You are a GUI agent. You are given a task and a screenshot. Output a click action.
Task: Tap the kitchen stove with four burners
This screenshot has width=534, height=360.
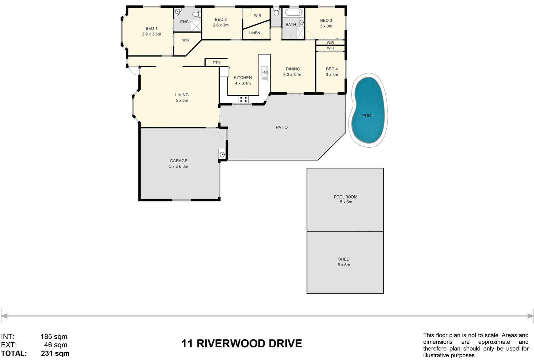pyautogui.click(x=243, y=99)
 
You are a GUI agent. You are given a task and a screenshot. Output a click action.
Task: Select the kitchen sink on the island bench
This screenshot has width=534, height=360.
pyautogui.click(x=264, y=71)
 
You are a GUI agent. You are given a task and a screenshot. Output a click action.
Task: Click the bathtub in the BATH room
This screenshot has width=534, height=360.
pyautogui.click(x=294, y=13)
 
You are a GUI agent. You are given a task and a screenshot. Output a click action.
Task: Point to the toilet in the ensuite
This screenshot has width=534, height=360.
pyautogui.click(x=198, y=14)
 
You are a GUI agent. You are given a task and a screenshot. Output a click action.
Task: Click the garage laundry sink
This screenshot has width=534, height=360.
pyautogui.click(x=222, y=154)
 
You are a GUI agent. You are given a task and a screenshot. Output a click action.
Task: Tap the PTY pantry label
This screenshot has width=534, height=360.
pyautogui.click(x=216, y=63)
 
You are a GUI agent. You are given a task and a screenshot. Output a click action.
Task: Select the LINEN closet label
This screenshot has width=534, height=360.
pyautogui.click(x=254, y=33)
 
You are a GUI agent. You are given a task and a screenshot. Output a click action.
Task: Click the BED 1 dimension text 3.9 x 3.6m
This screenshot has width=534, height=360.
pyautogui.click(x=151, y=34)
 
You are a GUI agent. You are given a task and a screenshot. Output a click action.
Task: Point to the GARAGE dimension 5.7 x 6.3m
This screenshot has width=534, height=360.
pyautogui.click(x=178, y=166)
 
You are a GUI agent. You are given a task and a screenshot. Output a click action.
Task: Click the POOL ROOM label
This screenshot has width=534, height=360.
pyautogui.click(x=346, y=197)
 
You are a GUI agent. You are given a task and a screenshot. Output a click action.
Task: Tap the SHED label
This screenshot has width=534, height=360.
pyautogui.click(x=344, y=259)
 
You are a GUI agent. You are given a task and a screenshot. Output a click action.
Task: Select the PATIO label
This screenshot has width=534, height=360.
pyautogui.click(x=282, y=127)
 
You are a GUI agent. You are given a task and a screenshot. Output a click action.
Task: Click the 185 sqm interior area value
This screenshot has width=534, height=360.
pyautogui.click(x=54, y=337)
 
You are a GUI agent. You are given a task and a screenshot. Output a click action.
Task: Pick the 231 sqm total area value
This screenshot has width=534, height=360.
pyautogui.click(x=55, y=353)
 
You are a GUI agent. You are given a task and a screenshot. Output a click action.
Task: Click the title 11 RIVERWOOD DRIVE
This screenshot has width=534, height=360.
pyautogui.click(x=241, y=343)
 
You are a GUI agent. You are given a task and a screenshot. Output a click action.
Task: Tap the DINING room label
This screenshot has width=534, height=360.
pyautogui.click(x=293, y=69)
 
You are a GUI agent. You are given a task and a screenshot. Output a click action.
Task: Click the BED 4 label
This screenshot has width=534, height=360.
pyautogui.click(x=332, y=69)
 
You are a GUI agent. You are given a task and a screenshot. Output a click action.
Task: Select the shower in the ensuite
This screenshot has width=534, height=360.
pyautogui.click(x=196, y=26)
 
